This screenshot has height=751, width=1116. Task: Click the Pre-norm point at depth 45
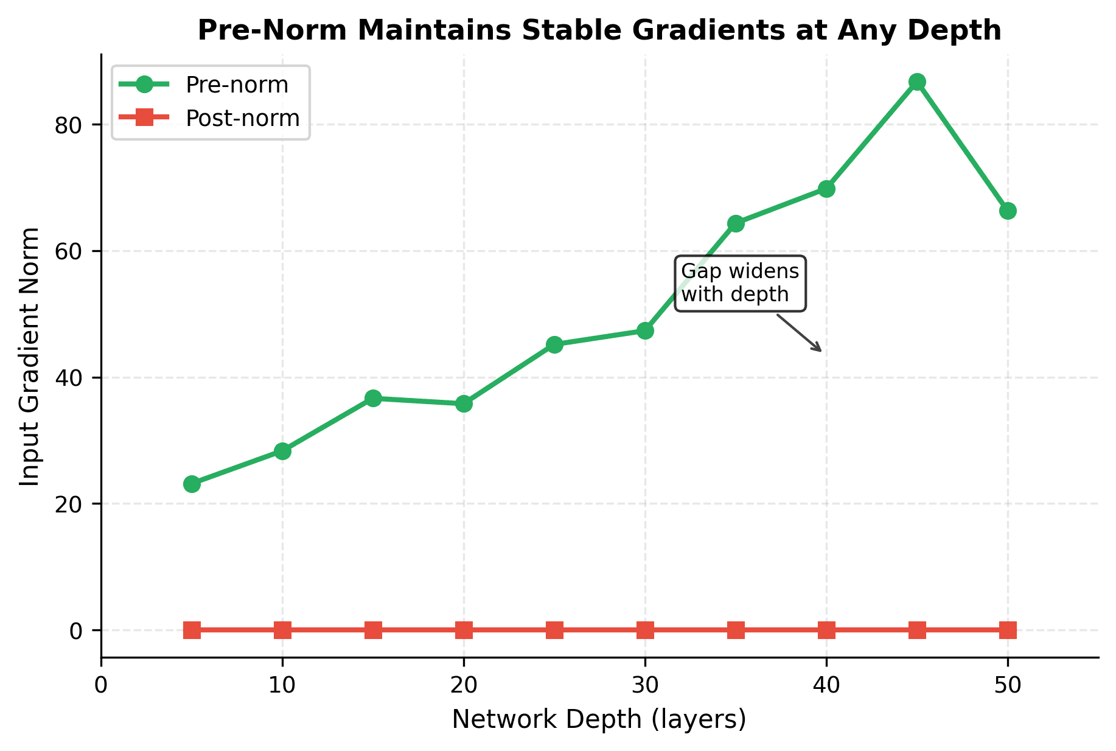[917, 82]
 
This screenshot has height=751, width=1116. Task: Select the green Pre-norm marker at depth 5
[192, 484]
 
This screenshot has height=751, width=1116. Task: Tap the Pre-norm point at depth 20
[464, 403]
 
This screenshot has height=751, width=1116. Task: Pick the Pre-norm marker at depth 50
[1008, 211]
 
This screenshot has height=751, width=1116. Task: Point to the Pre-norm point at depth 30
[645, 330]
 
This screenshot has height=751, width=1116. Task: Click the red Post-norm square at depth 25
[554, 630]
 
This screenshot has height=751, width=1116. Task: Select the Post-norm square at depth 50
[1008, 630]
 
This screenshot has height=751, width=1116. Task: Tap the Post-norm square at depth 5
[192, 630]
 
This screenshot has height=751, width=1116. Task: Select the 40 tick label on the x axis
[826, 685]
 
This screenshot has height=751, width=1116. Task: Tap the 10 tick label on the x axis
[282, 685]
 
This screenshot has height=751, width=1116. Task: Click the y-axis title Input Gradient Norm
[29, 357]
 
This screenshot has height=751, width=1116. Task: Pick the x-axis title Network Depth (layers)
[599, 720]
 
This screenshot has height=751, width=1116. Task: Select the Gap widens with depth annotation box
[741, 283]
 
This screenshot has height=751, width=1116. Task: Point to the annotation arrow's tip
[822, 351]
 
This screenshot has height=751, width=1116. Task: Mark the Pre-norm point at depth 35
[736, 223]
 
